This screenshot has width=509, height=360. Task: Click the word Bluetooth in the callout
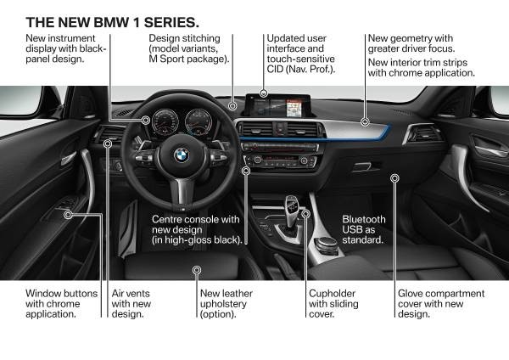point(364,218)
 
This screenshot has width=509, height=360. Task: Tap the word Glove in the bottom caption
point(413,294)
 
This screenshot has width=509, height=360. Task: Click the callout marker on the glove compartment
point(394,177)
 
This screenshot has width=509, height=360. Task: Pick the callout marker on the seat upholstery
point(197,270)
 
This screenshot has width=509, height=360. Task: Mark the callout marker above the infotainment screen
point(264,93)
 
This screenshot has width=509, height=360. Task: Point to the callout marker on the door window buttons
point(69,215)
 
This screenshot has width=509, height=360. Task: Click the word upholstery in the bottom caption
point(227,304)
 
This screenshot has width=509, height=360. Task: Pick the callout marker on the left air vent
point(109,143)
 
